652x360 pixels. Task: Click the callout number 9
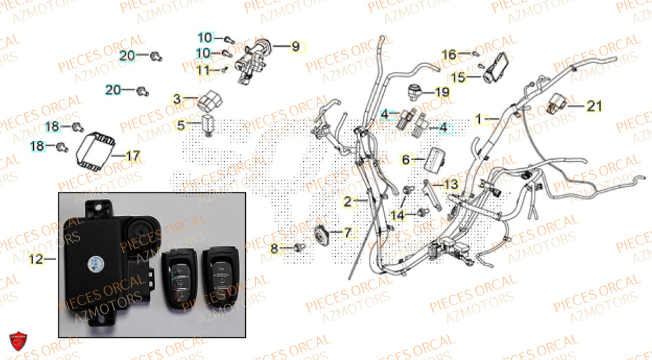295,46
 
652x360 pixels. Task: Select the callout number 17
132,156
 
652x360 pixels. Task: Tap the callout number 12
36,260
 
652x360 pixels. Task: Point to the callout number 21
594,106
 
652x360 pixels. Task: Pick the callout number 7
347,232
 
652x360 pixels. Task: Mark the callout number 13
451,185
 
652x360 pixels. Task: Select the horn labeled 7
322,233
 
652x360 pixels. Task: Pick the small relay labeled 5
209,123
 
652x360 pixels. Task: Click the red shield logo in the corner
18,341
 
